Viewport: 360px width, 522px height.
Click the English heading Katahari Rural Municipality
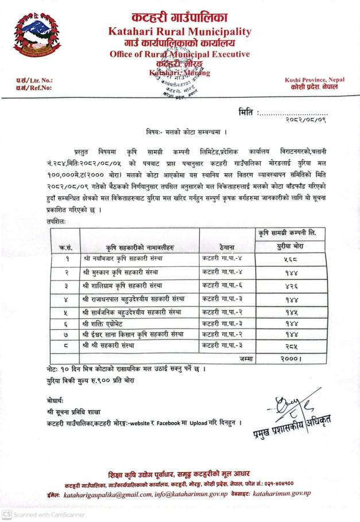pos(180,32)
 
